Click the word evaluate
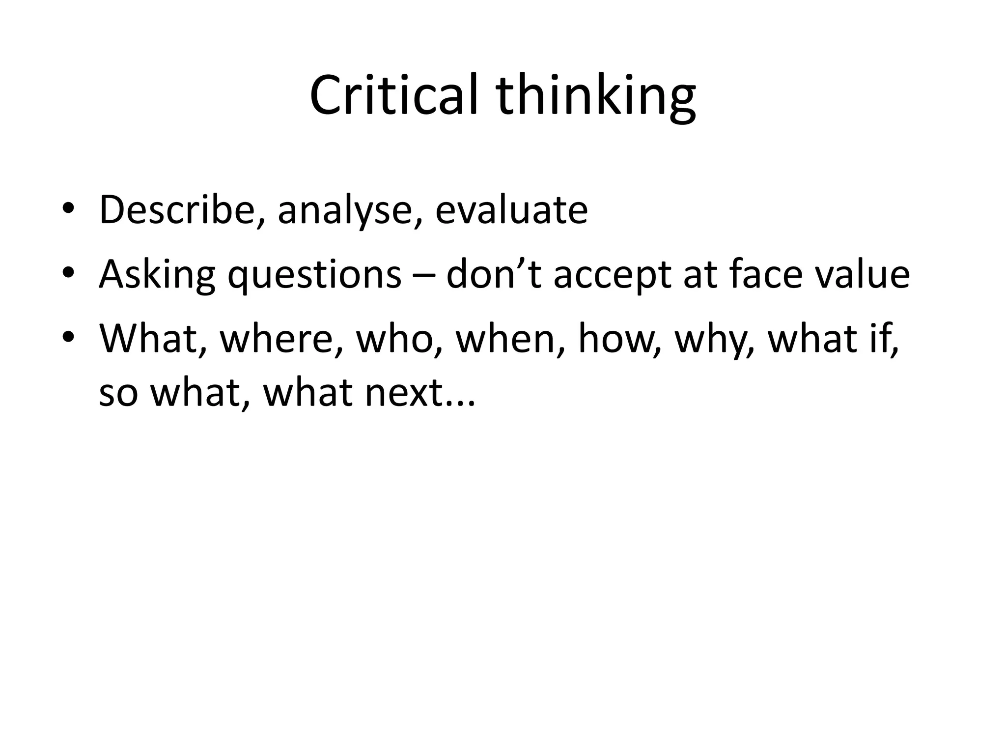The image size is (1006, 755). coord(511,210)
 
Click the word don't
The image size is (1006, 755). coord(494,274)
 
